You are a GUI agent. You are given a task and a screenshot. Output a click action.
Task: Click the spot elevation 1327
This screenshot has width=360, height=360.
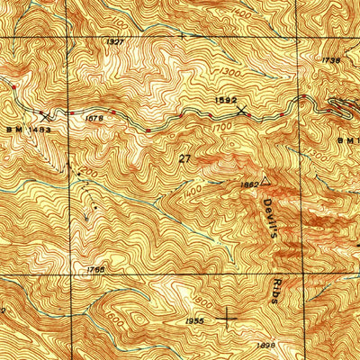114,42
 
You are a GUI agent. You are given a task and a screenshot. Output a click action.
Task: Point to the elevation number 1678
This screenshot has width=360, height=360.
90,115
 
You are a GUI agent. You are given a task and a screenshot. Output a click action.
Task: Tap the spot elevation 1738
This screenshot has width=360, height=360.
330,59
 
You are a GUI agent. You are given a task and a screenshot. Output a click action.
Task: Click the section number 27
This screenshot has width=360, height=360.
185,158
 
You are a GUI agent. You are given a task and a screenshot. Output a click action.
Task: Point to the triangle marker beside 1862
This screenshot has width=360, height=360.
265,181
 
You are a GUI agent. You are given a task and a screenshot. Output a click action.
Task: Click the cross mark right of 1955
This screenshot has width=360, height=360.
225,316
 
